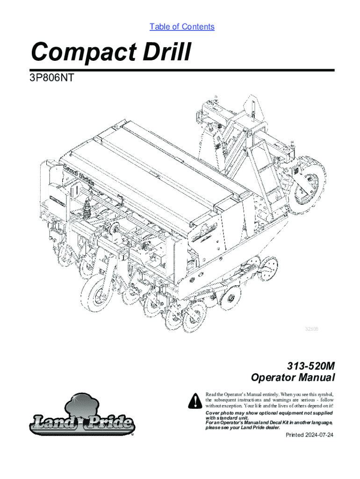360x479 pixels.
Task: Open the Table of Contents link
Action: (x=182, y=27)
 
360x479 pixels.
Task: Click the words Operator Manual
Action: (x=293, y=377)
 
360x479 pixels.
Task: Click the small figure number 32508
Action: (x=312, y=329)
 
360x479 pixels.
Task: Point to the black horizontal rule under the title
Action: (x=182, y=71)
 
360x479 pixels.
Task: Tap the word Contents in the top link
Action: (x=198, y=27)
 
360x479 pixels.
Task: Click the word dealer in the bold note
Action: (x=271, y=428)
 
